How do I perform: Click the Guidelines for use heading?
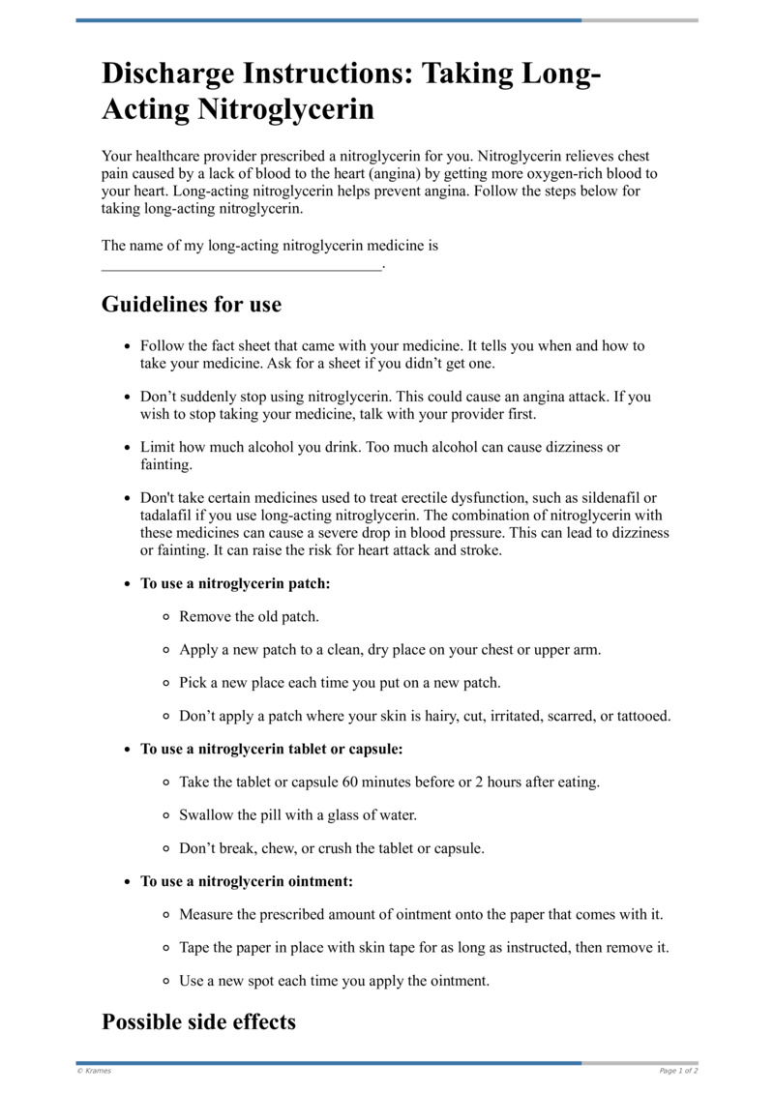(x=192, y=305)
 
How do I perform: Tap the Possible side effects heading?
(x=198, y=1021)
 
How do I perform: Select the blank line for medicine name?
(x=242, y=264)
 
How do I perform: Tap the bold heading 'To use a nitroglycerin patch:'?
(x=236, y=584)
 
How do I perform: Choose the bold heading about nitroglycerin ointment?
(x=247, y=881)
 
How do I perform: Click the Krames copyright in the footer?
(x=94, y=1071)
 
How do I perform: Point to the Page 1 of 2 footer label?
(x=678, y=1071)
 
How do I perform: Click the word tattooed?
(x=639, y=716)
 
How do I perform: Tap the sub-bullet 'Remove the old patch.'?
(x=249, y=616)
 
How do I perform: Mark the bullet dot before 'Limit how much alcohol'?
(x=128, y=449)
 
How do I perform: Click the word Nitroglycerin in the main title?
(x=285, y=109)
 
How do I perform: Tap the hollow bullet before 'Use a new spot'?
(x=166, y=981)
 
